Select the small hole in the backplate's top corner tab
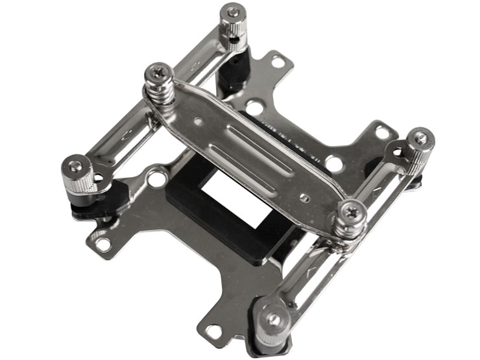(278, 62)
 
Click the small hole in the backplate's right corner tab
(383, 132)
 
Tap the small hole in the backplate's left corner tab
(103, 245)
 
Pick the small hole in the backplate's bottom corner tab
(212, 330)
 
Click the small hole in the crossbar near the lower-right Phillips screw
(304, 197)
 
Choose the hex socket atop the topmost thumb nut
(232, 12)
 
